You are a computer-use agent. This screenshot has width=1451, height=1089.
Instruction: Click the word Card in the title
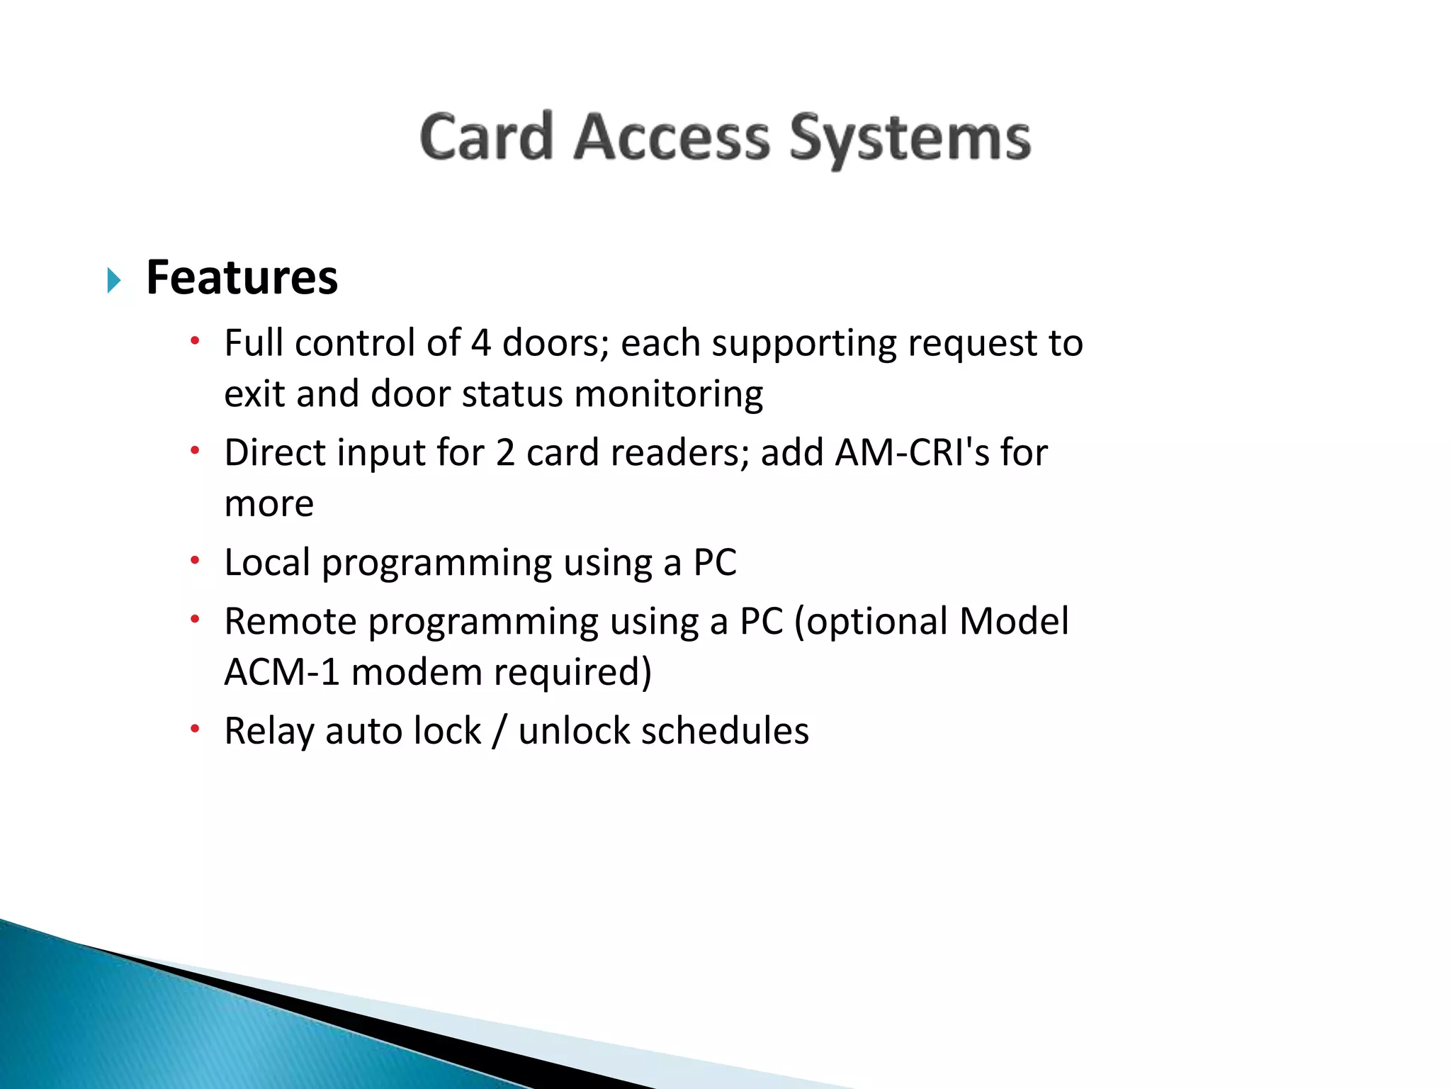click(486, 137)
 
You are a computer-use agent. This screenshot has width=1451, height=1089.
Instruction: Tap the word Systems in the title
click(910, 139)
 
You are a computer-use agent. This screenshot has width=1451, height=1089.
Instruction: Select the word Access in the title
click(671, 137)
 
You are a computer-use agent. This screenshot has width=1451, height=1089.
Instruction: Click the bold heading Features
click(242, 277)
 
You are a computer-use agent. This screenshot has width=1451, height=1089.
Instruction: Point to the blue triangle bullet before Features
click(113, 281)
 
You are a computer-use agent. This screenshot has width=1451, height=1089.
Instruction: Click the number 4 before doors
click(480, 343)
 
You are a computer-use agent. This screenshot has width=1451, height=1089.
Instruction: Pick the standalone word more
click(269, 504)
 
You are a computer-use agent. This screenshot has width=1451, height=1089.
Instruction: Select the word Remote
click(290, 621)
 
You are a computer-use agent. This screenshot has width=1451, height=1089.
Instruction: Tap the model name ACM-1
click(282, 672)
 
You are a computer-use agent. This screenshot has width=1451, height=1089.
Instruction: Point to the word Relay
click(269, 731)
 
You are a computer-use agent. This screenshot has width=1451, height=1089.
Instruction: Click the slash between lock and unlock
click(499, 731)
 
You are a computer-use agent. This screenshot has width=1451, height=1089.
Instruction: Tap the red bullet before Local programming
click(196, 561)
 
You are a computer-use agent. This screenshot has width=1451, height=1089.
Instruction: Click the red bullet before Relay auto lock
click(196, 729)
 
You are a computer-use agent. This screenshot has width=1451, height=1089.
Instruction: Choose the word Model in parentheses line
click(1013, 621)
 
